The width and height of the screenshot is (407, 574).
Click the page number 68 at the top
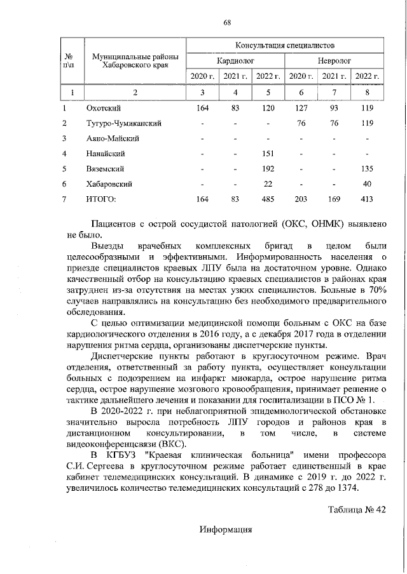(x=226, y=23)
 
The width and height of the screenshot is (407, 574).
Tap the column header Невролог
(x=334, y=62)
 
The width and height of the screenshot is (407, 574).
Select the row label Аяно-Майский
(x=113, y=138)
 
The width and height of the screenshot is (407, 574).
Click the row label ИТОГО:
(x=101, y=199)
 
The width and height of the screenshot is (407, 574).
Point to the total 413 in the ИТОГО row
(x=367, y=199)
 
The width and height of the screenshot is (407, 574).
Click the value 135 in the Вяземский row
(x=367, y=169)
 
